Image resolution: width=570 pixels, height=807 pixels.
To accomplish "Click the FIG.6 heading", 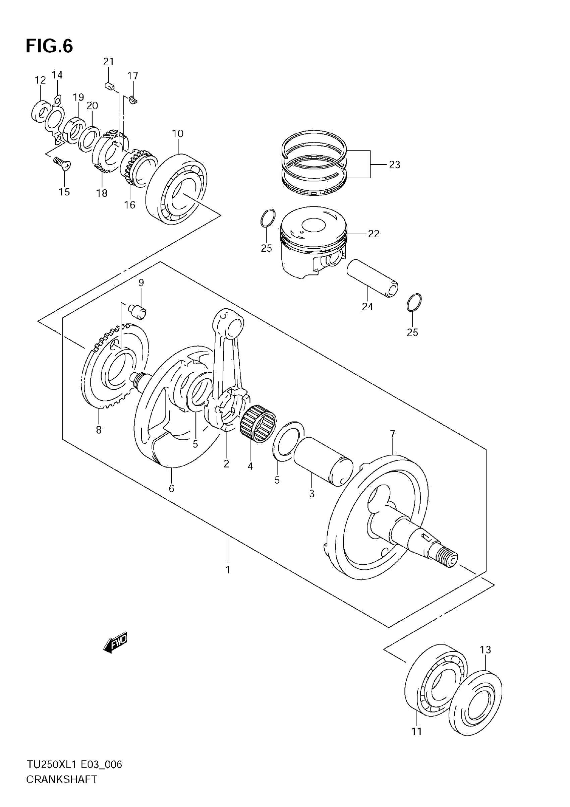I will [49, 46].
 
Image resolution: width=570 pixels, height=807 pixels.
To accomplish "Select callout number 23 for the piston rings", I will [395, 165].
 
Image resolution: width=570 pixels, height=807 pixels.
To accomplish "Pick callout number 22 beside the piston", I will [374, 234].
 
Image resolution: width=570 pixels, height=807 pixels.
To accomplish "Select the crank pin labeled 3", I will [323, 461].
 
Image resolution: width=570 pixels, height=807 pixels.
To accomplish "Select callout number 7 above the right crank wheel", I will [392, 434].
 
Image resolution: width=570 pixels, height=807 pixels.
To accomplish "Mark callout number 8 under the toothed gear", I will [99, 430].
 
